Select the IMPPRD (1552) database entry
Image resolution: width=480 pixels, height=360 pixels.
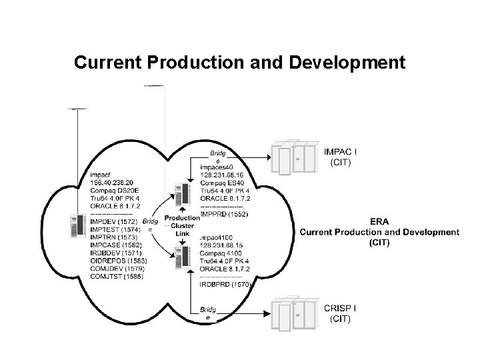[x=224, y=215]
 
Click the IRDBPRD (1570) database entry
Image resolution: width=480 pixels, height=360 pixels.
[x=225, y=285]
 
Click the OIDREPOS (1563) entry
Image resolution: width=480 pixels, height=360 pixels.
[x=119, y=261]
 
